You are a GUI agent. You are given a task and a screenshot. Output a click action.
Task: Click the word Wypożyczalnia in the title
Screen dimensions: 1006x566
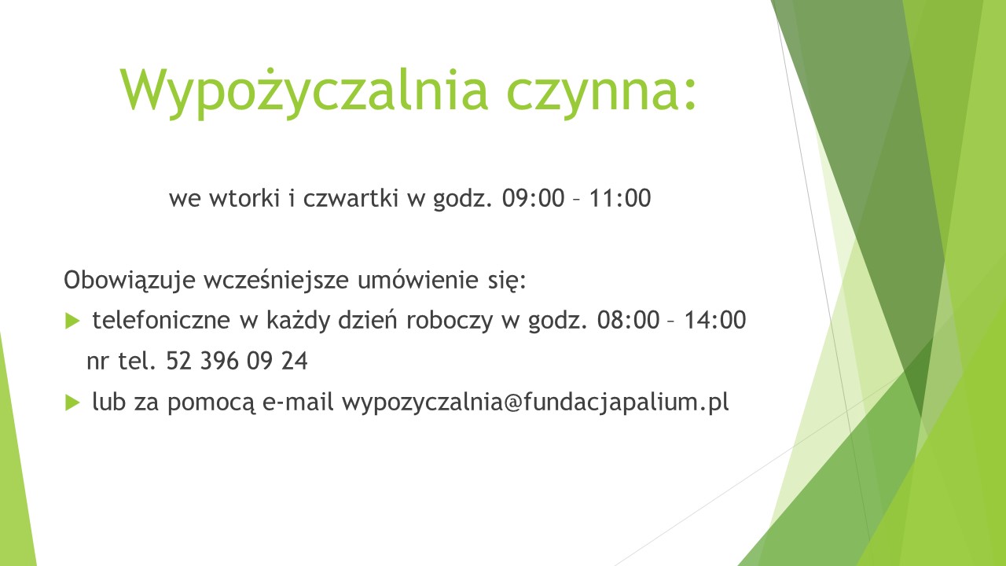pos(304,93)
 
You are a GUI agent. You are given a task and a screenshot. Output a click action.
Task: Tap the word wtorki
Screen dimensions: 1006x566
pos(244,197)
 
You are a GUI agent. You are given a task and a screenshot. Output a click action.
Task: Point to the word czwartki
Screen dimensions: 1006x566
pos(351,198)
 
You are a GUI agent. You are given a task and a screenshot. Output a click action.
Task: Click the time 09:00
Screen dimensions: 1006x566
pos(533,198)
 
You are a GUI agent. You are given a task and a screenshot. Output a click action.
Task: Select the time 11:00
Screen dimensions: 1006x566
pos(620,198)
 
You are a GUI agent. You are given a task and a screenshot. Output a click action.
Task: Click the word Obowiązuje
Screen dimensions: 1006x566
pos(130,281)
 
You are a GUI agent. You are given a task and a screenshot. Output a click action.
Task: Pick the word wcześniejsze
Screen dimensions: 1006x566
pos(276,281)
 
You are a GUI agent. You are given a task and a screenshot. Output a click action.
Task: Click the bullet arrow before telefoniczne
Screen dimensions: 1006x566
pos(72,321)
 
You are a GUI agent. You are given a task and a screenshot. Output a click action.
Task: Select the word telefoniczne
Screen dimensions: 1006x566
pos(161,320)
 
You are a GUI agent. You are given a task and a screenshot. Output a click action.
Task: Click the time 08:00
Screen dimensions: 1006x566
pos(628,320)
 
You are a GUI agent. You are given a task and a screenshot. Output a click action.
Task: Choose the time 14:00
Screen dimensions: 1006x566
pos(715,320)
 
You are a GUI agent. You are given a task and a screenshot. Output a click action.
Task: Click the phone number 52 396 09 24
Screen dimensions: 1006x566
pos(237,361)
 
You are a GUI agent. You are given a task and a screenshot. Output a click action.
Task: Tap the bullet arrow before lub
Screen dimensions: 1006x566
pos(72,402)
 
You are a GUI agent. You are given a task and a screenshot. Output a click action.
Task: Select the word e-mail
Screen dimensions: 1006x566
pos(298,402)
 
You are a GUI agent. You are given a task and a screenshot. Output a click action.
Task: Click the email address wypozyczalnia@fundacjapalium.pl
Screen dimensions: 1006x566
pos(535,402)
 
